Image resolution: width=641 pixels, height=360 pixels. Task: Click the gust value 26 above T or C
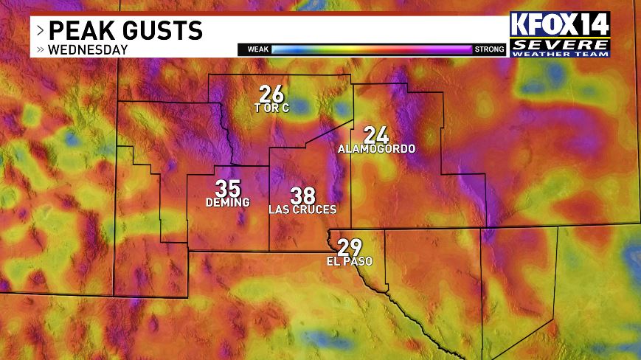pos(271,94)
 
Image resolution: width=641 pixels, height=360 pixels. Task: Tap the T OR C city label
pos(271,108)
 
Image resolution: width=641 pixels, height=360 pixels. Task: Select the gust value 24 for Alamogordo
pos(375,135)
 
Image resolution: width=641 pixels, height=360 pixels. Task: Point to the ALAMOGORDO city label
pos(376,149)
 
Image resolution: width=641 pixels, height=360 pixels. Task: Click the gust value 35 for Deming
pos(228,188)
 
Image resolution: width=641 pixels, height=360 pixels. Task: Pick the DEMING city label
pos(228,202)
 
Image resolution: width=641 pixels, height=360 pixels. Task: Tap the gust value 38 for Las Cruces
pos(302,195)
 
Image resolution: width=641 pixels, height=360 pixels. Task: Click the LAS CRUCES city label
pos(302,210)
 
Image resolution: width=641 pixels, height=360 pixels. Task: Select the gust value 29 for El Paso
pos(349,248)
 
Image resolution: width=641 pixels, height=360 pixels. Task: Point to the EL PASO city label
pos(349,261)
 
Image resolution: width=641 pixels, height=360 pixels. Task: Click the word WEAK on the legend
pos(257,49)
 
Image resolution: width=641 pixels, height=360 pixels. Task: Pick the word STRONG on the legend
pos(489,49)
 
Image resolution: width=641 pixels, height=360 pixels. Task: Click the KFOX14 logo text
pos(561,24)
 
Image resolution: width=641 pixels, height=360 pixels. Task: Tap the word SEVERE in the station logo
pos(561,44)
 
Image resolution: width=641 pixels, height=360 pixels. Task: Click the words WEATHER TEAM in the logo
pos(561,53)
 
